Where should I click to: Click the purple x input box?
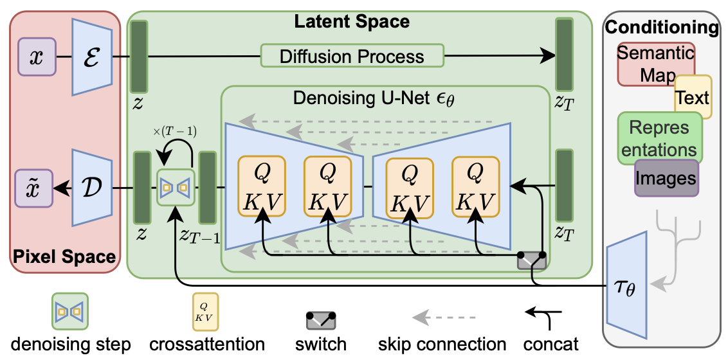(x=36, y=56)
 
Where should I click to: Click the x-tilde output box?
(x=35, y=188)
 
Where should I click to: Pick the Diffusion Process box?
(x=352, y=56)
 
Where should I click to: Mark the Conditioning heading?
(x=662, y=28)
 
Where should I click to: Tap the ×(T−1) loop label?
(x=176, y=132)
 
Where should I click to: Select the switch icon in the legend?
(x=322, y=319)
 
